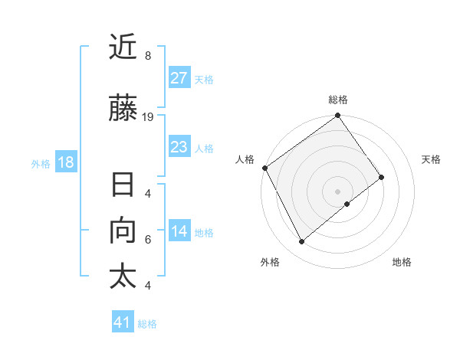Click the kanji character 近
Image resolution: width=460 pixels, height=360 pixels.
pos(123,48)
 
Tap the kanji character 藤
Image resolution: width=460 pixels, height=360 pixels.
pos(123,110)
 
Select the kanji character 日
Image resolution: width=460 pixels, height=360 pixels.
pos(123,185)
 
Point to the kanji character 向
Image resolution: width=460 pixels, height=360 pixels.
pos(123,231)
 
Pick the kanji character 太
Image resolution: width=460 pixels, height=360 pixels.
pos(123,277)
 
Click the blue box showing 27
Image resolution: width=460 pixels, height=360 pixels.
pos(179,78)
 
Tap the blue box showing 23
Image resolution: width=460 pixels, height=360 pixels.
pos(179,147)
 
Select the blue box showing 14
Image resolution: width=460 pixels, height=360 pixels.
pos(179,232)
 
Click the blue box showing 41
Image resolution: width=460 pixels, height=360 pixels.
pos(123,322)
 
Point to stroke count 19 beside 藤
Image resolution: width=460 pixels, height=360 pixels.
pos(148,117)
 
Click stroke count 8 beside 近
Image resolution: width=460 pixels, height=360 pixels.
pos(147,56)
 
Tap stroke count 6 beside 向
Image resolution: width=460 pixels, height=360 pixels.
pos(147,239)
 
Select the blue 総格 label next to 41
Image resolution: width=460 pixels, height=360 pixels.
pos(147,323)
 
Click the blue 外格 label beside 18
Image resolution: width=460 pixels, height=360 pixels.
pos(41,163)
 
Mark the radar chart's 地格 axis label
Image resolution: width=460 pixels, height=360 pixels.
pos(402,263)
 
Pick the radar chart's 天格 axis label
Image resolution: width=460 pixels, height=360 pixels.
pos(432,159)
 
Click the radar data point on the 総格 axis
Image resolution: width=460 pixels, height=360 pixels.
pos(337,116)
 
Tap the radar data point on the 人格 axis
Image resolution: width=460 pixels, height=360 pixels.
pos(264,168)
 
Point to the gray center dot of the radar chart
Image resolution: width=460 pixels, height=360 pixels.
pos(337,191)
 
